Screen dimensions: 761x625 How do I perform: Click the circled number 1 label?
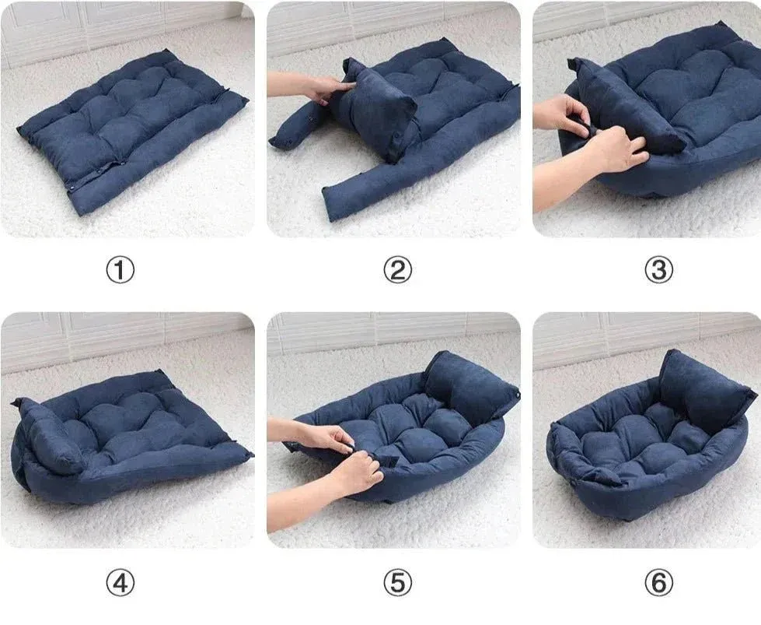pyautogui.click(x=120, y=270)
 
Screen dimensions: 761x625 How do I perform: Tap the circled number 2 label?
pyautogui.click(x=397, y=270)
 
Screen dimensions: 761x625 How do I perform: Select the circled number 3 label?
pyautogui.click(x=658, y=270)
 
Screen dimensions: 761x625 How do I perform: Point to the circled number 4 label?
pyautogui.click(x=120, y=583)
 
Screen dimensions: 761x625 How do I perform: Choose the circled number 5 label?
pyautogui.click(x=397, y=583)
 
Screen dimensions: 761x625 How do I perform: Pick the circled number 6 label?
pyautogui.click(x=658, y=583)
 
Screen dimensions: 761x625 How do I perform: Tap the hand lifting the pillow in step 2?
pyautogui.click(x=311, y=87)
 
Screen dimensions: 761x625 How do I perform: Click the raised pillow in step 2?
pyautogui.click(x=374, y=109)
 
